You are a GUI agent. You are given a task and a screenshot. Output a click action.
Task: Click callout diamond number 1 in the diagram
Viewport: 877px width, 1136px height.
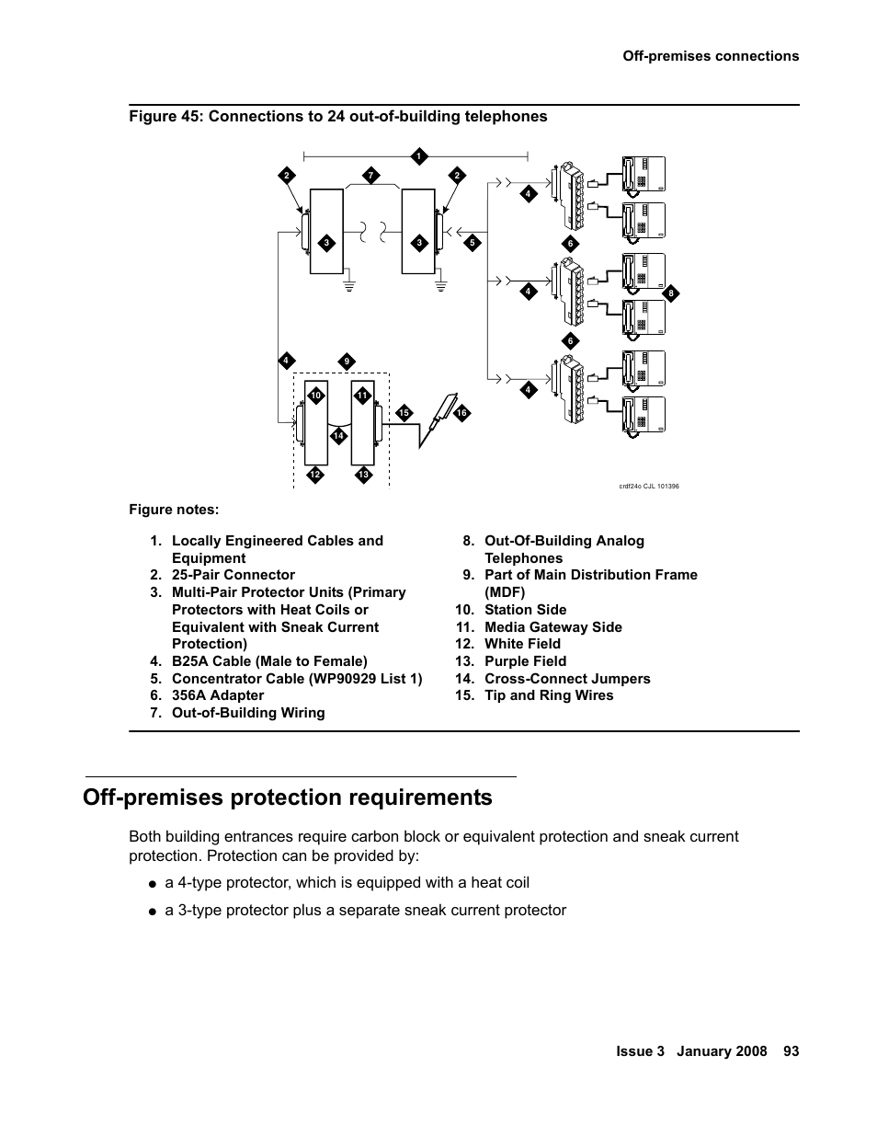click(x=417, y=155)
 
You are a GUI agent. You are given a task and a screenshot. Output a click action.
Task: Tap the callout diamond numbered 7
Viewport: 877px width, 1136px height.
click(x=370, y=175)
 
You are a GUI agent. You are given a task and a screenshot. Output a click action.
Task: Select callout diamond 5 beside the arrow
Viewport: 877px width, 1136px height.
click(x=472, y=243)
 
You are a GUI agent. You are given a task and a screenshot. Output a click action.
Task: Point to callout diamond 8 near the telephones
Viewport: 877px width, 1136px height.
click(x=671, y=293)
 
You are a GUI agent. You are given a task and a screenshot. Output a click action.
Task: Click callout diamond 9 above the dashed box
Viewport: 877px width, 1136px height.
click(x=347, y=361)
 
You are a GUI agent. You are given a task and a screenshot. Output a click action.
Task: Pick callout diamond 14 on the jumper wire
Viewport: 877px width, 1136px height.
click(x=338, y=435)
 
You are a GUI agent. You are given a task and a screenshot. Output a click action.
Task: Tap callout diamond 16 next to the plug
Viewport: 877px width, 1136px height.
click(x=461, y=413)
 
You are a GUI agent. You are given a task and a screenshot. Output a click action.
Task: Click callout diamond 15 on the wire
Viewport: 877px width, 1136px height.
click(x=404, y=413)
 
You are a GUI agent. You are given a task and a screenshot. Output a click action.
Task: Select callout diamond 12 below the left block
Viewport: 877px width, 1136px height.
click(x=314, y=475)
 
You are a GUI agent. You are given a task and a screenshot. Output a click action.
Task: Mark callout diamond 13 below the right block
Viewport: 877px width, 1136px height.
click(x=363, y=475)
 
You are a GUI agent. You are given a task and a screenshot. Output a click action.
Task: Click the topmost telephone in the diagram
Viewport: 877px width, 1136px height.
click(x=643, y=173)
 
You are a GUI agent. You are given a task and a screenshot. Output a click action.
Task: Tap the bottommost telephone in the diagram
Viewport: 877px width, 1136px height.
click(x=643, y=415)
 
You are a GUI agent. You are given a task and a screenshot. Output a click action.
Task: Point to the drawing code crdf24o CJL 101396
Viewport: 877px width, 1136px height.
click(x=649, y=486)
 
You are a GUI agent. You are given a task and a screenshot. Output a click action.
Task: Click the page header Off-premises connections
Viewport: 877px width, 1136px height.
click(x=710, y=56)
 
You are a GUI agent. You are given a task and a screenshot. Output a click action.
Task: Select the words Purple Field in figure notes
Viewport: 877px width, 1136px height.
click(x=525, y=661)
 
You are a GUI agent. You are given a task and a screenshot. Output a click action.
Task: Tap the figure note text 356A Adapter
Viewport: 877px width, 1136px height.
click(x=218, y=695)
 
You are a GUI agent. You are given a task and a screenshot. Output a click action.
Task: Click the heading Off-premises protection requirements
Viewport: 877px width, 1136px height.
click(x=287, y=797)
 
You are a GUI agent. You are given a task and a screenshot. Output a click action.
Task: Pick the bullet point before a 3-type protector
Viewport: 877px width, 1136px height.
click(x=153, y=911)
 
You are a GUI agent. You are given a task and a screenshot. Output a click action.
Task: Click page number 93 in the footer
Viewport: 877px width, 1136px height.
click(x=791, y=1051)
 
